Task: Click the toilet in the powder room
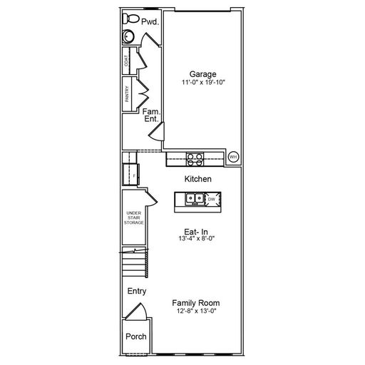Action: (x=130, y=19)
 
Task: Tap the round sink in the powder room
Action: (x=129, y=36)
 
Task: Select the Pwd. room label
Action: (x=150, y=22)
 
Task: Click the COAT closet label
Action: (x=126, y=61)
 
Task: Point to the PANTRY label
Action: (x=127, y=94)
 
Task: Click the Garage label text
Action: (x=202, y=74)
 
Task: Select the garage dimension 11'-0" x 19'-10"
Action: (x=203, y=83)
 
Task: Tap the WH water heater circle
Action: (x=233, y=157)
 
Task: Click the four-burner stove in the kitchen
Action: (x=195, y=159)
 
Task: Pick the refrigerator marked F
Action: (x=131, y=175)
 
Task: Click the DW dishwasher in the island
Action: (x=212, y=199)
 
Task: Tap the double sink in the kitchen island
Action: (x=195, y=199)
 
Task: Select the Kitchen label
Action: (x=198, y=179)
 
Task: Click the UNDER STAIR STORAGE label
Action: (x=134, y=217)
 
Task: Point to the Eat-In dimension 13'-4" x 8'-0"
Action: (x=197, y=238)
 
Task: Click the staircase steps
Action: (x=135, y=262)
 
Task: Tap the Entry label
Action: (x=137, y=291)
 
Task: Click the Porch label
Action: (x=136, y=336)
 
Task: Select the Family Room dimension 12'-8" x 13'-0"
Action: (x=197, y=311)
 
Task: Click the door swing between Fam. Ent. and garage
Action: (x=157, y=133)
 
